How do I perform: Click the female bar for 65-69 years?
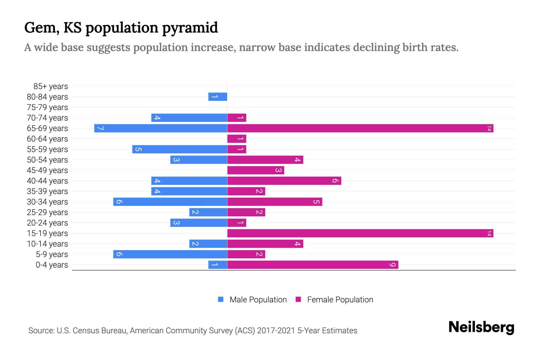pos(360,128)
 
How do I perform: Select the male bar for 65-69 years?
pos(160,128)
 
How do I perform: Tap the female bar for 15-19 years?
pos(360,233)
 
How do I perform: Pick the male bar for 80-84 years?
pos(218,97)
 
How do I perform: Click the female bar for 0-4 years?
pos(313,265)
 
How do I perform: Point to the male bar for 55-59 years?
pos(180,149)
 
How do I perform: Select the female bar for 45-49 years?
pos(256,170)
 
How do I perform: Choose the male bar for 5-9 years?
pos(170,254)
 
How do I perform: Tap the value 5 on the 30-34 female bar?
pos(316,202)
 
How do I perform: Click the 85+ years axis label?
pos(51,86)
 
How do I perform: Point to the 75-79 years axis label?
pos(47,107)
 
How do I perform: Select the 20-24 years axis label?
pos(47,223)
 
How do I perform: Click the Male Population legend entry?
pos(258,300)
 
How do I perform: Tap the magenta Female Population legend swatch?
pos(298,299)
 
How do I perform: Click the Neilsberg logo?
pos(481,327)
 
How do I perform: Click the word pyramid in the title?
pos(190,28)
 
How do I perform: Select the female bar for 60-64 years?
pos(237,139)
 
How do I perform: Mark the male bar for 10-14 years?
pos(208,244)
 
